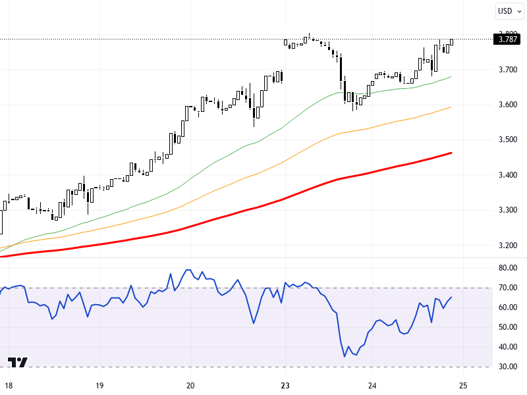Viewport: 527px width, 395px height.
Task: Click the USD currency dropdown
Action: (x=509, y=11)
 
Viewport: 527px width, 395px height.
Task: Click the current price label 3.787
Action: (x=507, y=39)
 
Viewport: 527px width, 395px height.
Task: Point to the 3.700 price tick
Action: (x=507, y=69)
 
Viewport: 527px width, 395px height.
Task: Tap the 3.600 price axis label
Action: (x=507, y=105)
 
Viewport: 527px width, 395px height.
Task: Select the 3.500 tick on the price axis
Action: (x=507, y=140)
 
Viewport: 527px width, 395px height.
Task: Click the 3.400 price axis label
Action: (x=507, y=175)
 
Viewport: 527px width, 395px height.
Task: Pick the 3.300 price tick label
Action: (x=507, y=210)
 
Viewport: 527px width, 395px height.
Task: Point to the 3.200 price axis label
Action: (x=507, y=246)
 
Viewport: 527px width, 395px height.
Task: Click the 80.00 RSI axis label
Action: (x=507, y=268)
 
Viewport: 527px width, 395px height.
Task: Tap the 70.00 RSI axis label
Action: (x=507, y=288)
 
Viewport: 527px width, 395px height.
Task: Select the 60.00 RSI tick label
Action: (x=507, y=307)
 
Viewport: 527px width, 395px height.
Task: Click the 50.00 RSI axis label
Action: (x=507, y=327)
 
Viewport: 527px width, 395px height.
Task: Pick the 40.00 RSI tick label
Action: (x=507, y=347)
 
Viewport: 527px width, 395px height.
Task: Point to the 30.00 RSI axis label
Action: (x=507, y=367)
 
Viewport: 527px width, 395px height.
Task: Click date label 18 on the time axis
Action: (x=7, y=385)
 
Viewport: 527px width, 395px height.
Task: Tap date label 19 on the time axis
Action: (x=99, y=385)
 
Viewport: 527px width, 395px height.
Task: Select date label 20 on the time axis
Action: (x=190, y=385)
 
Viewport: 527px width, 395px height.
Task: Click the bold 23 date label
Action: (x=285, y=385)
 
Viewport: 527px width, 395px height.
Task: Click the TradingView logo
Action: (x=18, y=363)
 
